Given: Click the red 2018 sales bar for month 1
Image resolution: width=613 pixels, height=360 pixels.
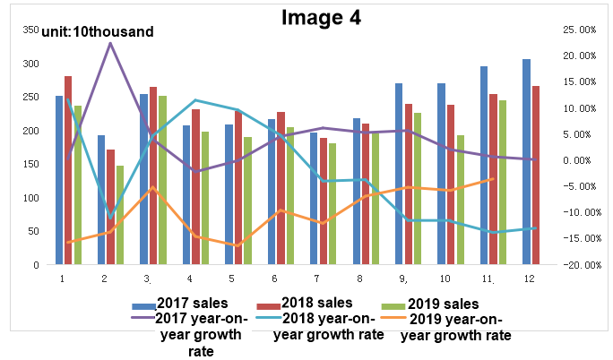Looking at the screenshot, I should (x=68, y=170).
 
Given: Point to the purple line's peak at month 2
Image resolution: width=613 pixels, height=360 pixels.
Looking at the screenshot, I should (x=110, y=43).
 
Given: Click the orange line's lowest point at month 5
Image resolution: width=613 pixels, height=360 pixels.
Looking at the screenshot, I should (x=237, y=245).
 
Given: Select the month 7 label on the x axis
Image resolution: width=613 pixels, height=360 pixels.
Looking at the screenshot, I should (x=316, y=279).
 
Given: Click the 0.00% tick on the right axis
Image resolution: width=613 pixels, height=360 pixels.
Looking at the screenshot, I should (x=576, y=159).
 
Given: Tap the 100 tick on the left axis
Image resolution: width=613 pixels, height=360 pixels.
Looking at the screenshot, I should (x=30, y=198).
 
